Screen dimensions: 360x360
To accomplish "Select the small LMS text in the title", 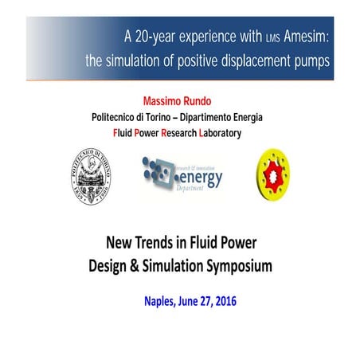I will (270, 39).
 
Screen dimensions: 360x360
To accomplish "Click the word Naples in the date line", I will (162, 302).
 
